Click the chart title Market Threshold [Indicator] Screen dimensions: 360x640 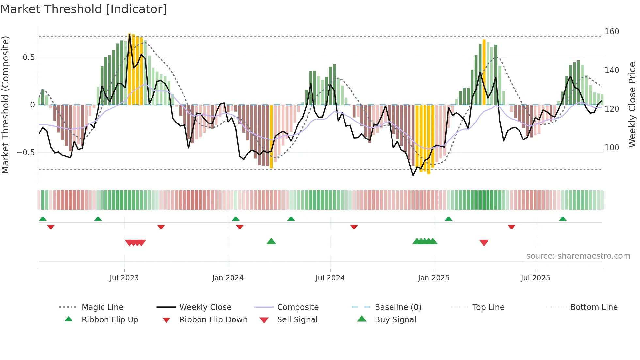84,9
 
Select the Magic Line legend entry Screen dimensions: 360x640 102,307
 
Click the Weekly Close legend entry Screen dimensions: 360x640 205,307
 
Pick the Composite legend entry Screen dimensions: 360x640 297,307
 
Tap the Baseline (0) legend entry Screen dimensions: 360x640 398,307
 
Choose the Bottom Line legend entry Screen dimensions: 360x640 594,307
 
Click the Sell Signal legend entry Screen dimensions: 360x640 297,319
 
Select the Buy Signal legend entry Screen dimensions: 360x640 395,319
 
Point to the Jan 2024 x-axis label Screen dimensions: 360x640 228,278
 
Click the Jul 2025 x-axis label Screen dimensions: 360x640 535,278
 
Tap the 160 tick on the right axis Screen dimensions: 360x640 612,32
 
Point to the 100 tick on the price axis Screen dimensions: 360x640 612,148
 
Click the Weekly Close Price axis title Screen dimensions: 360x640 632,105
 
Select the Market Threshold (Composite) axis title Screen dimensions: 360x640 5,105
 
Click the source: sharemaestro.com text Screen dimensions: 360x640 578,256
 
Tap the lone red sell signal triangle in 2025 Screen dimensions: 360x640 484,243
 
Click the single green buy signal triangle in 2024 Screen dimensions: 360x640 271,241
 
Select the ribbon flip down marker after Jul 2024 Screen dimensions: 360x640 354,227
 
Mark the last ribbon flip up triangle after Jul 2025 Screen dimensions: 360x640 562,219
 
